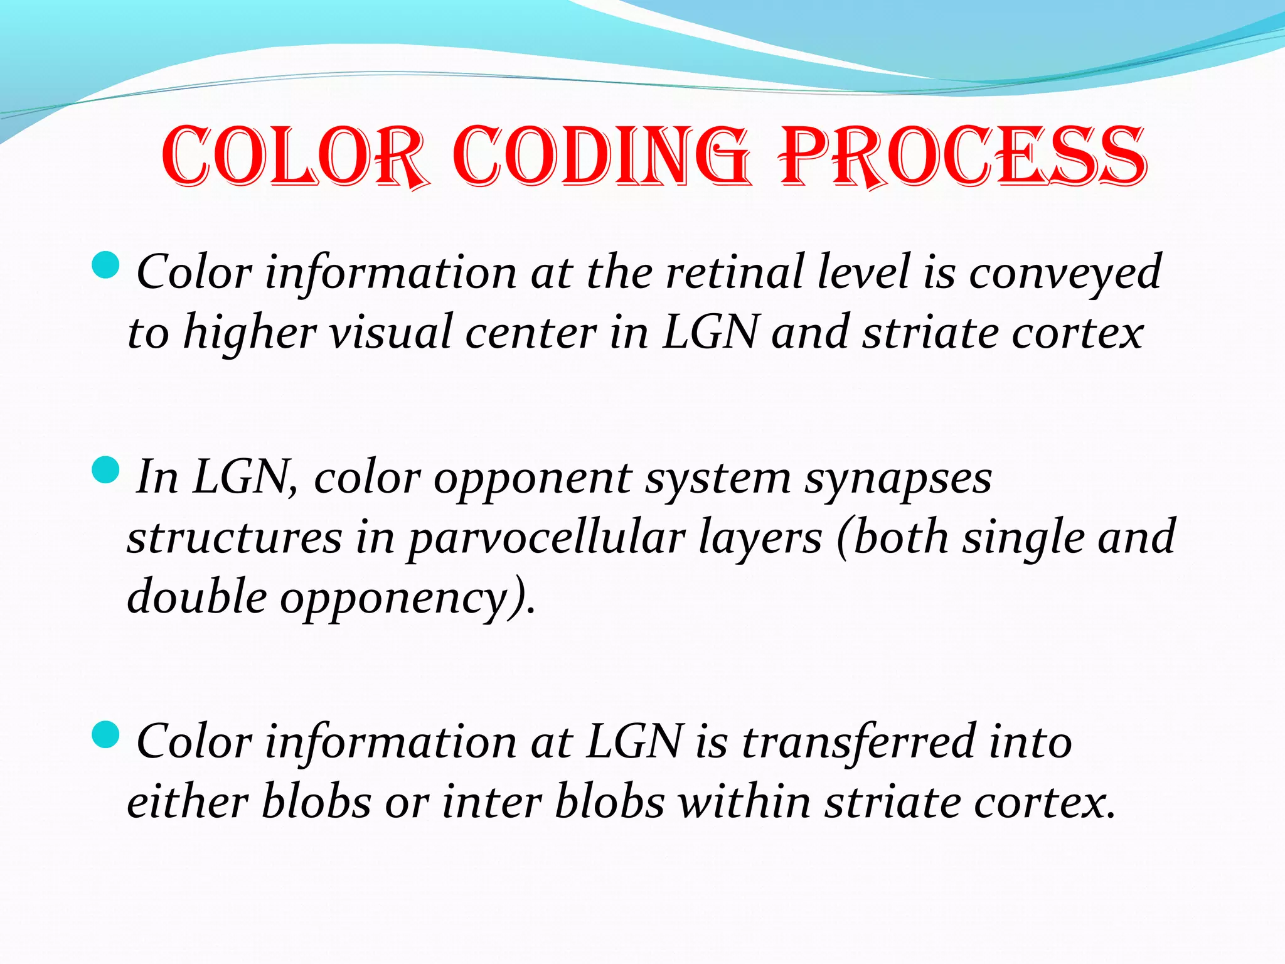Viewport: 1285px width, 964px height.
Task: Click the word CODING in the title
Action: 601,157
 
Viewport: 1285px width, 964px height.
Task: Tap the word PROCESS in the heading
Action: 963,157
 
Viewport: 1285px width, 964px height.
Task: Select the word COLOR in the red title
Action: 295,157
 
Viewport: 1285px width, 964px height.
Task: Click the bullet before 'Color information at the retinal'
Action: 105,265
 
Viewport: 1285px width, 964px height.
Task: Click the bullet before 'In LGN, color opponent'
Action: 105,470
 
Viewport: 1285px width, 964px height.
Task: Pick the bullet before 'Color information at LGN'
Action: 105,735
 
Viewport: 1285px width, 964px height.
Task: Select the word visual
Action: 390,333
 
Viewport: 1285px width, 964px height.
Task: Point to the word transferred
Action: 859,742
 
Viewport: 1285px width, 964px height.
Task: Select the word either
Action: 188,802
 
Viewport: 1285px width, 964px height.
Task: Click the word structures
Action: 235,538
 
